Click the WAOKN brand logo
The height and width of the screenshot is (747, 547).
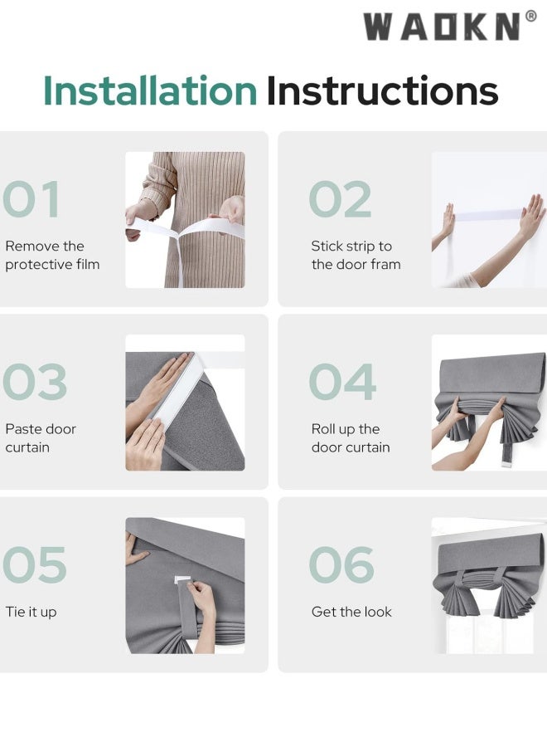[450, 27]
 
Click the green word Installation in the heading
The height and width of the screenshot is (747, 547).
[150, 90]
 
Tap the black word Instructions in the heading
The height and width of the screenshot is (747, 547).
[382, 90]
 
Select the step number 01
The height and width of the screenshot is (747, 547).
[31, 199]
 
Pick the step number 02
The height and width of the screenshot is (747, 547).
[340, 199]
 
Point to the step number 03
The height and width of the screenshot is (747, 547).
[35, 382]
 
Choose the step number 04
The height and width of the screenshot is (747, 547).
[342, 382]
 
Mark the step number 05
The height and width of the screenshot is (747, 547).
[35, 564]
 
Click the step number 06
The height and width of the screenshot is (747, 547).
[341, 564]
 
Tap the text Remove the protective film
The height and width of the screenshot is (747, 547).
[52, 256]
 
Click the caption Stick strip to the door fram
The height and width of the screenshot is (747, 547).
[356, 256]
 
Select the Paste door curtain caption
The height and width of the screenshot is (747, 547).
[41, 438]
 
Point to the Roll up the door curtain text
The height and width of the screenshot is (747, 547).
[351, 438]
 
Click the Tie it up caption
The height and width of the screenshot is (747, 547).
[31, 613]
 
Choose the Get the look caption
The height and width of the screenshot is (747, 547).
[351, 612]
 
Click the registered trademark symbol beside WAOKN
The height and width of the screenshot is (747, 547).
[531, 17]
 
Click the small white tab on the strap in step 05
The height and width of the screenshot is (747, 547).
[182, 580]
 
